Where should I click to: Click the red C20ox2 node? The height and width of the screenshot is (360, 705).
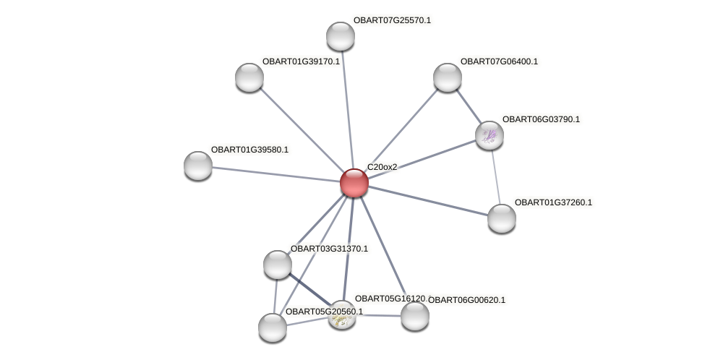coord(354,182)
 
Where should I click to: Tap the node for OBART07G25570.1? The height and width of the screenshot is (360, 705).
coord(340,36)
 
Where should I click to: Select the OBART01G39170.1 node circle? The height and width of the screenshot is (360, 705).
coord(249,77)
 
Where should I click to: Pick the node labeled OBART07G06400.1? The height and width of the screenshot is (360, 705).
coord(447,77)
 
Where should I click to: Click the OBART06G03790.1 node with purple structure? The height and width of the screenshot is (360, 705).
coord(489,135)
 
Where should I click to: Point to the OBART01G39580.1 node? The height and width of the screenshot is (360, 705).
coord(198,166)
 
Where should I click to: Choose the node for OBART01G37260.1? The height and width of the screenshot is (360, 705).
coord(501,218)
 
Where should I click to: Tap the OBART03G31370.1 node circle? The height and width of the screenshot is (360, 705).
coord(278,265)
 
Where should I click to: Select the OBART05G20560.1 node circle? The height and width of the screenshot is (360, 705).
coord(273,327)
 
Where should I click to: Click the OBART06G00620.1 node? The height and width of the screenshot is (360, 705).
coord(415,316)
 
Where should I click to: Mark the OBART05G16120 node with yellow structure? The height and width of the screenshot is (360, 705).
coord(341,315)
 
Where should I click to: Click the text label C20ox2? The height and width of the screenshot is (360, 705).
coord(382,167)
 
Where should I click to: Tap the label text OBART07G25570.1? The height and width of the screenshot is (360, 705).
coord(392,20)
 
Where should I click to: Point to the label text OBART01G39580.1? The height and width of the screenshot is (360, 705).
coord(249,150)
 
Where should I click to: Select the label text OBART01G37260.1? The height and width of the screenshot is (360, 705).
coord(553,202)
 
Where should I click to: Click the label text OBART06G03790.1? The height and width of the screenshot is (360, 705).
coord(541,119)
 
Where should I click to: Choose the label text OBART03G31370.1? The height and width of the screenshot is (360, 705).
coord(329,249)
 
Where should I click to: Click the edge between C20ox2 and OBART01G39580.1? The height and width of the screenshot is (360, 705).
coord(275,173)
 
